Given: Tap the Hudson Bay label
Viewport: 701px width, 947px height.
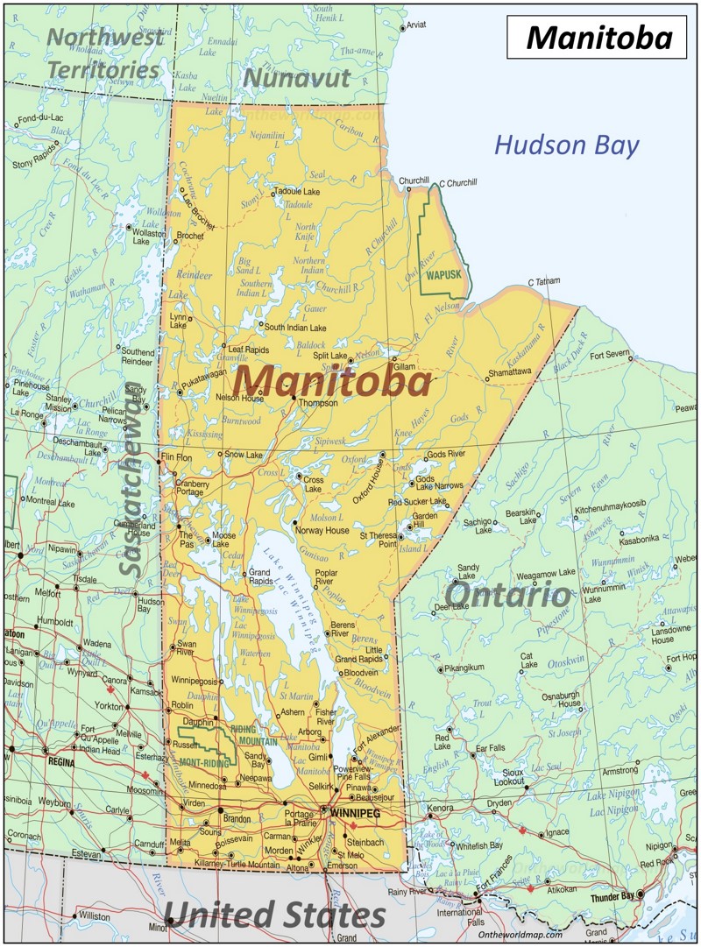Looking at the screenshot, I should tap(566, 145).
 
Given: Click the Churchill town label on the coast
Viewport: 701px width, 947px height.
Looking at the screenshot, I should tap(414, 181).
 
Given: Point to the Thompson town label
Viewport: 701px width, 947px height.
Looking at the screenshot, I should tap(318, 403).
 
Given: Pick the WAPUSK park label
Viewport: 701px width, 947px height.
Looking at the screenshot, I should tap(443, 275).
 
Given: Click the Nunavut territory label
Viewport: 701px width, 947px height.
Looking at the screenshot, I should tap(296, 78).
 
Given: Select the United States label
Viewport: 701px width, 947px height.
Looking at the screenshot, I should tap(274, 915).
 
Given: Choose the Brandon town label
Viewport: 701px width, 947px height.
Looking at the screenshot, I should tap(237, 818).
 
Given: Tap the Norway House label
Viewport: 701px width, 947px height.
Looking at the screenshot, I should tap(322, 530).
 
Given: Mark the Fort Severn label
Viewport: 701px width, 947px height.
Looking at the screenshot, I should tap(610, 355).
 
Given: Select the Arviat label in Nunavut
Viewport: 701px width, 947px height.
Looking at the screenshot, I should tap(416, 25).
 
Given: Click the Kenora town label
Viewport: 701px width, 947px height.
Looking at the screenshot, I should tap(441, 807).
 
